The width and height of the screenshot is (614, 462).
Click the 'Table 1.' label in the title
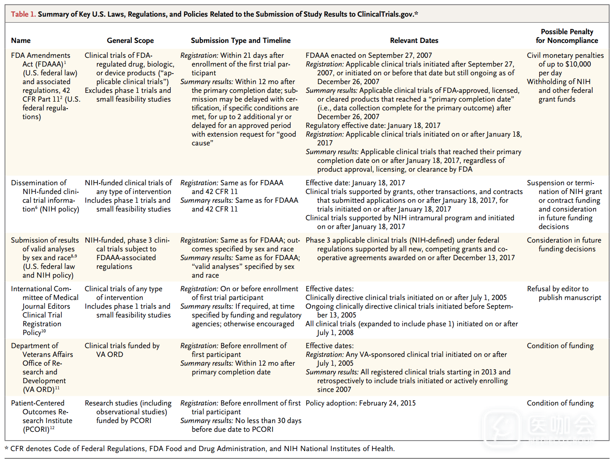coord(23,14)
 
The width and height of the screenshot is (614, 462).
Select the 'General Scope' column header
coord(130,40)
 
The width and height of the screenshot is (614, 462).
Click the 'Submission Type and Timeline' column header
coord(240,40)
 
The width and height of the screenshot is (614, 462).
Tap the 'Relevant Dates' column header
coord(414,40)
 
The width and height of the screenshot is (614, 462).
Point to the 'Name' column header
coord(21,40)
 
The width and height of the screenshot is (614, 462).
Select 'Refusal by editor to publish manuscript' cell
coord(564,293)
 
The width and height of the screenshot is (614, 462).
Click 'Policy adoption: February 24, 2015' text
coord(361,403)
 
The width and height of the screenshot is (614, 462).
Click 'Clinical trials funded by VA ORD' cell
coord(122,350)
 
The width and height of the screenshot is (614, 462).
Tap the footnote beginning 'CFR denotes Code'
coord(201,448)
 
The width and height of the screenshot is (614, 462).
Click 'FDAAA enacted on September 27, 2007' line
coord(368,55)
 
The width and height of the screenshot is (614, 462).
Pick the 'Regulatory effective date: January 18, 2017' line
coord(373,125)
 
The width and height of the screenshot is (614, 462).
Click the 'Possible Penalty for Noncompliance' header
coord(567,36)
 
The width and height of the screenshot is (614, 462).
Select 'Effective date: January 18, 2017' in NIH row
coord(355,183)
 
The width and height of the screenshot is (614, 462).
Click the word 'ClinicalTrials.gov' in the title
coord(385,14)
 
